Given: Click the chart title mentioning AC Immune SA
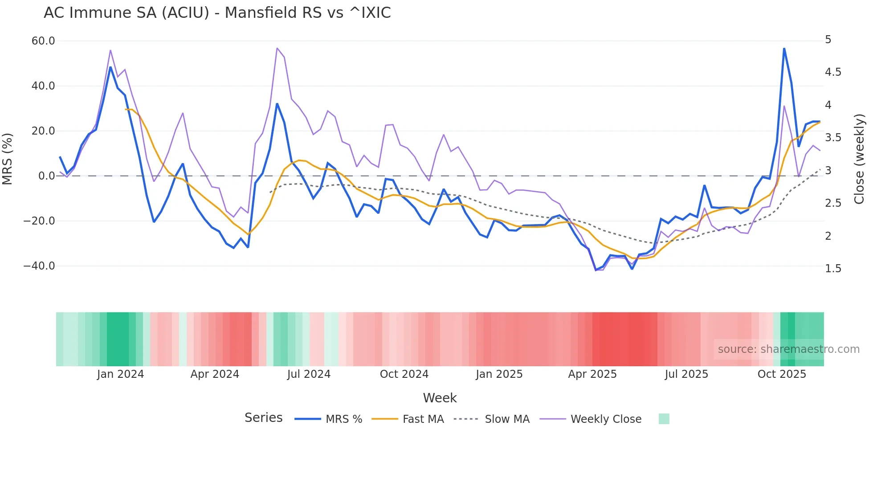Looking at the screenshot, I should pos(217,13).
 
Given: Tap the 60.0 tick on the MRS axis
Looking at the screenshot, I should pos(43,41).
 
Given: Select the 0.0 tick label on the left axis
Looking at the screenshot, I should pos(46,176).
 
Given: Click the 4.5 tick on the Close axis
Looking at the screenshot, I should pos(833,72).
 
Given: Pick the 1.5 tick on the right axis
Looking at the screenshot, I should pos(833,269).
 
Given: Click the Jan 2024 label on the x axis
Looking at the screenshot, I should pos(120,374).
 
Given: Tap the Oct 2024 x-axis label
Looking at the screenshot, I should pos(404,374).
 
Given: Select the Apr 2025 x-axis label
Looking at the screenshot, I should pos(592,374).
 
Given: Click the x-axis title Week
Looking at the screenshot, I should pos(440,398).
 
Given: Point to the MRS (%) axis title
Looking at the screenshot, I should pos(8,159).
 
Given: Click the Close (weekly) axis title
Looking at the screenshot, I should pos(859,159).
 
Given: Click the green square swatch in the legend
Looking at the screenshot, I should pos(664,419).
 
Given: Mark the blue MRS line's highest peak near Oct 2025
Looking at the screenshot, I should pos(784,49).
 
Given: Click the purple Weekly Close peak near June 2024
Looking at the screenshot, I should pos(277,48).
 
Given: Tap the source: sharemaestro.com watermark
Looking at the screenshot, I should pos(788,349).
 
